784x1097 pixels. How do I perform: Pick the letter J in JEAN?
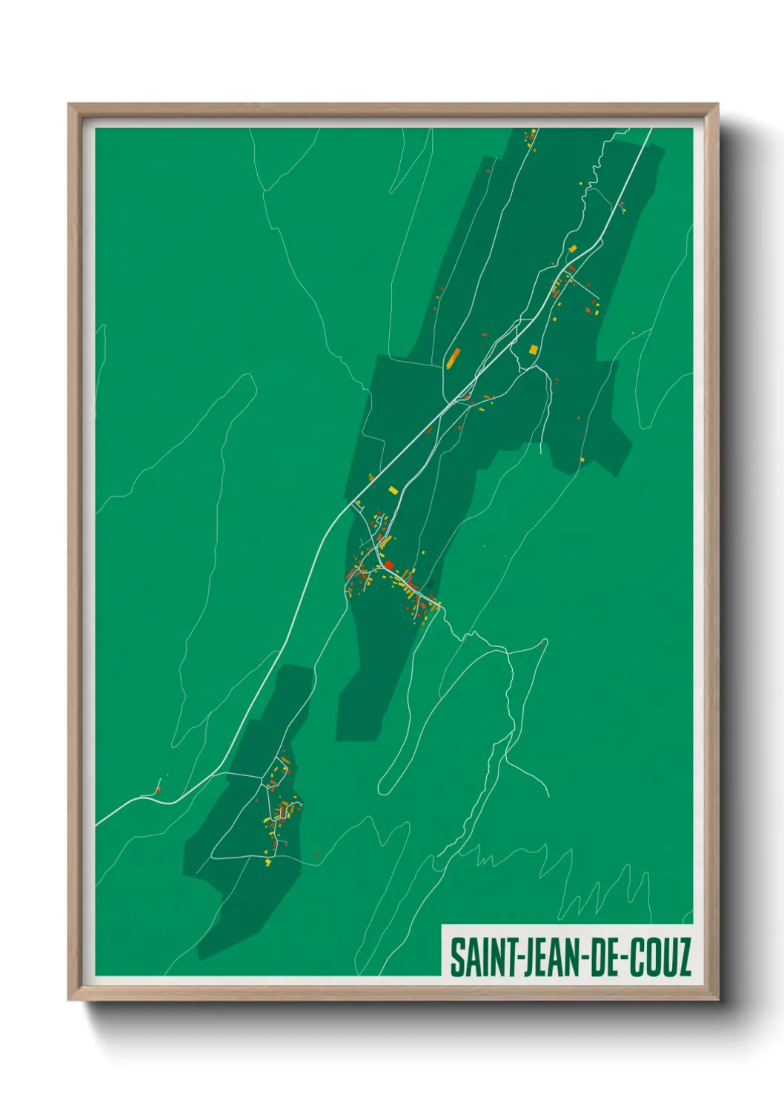(528, 957)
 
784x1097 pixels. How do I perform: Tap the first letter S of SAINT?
(457, 957)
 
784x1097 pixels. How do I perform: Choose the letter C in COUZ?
(637, 957)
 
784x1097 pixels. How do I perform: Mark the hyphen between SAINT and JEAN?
(520, 958)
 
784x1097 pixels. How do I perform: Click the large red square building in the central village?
(388, 566)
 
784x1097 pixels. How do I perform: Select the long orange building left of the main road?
(452, 358)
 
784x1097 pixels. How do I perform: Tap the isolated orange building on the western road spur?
(157, 790)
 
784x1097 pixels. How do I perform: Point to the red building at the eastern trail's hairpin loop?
(542, 643)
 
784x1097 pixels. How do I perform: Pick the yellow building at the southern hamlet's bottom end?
(269, 861)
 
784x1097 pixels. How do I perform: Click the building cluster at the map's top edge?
(531, 137)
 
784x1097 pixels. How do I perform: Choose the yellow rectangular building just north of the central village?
(393, 489)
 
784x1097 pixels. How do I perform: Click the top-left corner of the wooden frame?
(70, 105)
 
